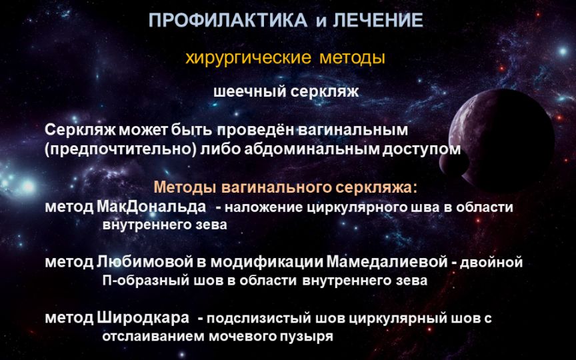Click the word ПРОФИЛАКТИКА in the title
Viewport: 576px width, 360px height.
228,20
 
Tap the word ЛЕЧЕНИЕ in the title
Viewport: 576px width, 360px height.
378,20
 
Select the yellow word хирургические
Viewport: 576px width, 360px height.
248,59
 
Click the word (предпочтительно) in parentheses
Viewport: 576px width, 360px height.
121,149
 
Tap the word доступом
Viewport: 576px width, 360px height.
421,150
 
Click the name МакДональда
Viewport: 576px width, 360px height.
151,207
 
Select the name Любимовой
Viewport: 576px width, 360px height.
145,262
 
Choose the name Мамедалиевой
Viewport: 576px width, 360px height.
387,262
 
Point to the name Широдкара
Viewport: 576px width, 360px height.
143,318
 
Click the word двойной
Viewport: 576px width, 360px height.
491,263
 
